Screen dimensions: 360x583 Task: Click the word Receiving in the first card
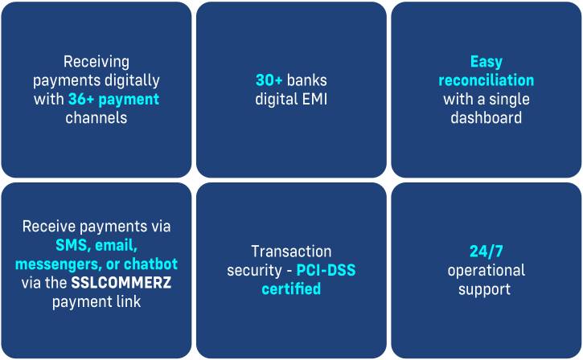point(96,62)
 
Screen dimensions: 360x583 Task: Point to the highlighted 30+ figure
point(269,81)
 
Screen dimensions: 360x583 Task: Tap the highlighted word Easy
point(486,62)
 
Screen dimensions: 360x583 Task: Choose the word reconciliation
point(486,80)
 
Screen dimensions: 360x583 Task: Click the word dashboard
point(486,118)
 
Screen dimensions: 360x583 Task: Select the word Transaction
point(291,252)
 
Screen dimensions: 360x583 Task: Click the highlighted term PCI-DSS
point(325,270)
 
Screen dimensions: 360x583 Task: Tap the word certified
point(291,288)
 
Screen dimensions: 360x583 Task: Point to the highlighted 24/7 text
point(486,252)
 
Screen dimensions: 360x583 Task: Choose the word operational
point(486,270)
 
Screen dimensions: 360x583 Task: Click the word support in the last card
point(486,288)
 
